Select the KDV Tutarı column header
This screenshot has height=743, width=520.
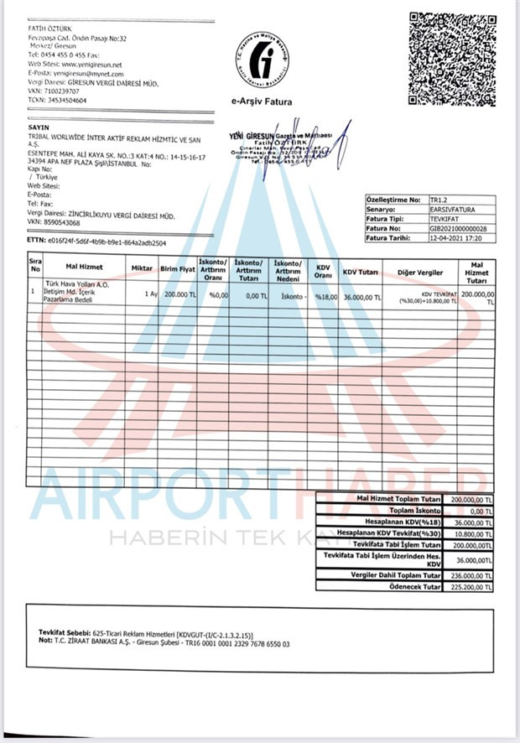(362, 273)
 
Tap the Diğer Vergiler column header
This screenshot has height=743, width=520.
(420, 273)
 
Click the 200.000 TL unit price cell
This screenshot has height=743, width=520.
(178, 295)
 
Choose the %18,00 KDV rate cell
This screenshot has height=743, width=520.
(325, 296)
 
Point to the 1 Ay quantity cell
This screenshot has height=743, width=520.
(151, 295)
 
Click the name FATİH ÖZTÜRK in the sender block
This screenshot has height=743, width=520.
(49, 29)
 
